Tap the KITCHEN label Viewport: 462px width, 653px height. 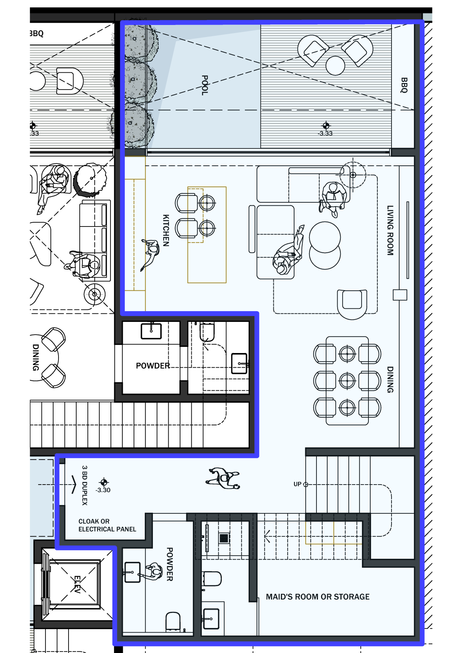point(166,230)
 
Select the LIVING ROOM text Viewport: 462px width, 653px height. point(390,230)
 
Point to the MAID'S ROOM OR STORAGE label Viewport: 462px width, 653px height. point(318,597)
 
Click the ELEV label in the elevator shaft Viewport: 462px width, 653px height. point(77,584)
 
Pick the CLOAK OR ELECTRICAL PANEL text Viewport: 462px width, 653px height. point(107,525)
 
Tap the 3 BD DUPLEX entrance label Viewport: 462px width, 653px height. point(85,485)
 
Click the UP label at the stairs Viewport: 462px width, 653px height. point(297,484)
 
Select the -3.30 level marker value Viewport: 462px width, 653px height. point(103,490)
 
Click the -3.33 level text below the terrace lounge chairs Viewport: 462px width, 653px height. point(325,133)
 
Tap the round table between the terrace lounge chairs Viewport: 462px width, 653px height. point(335,66)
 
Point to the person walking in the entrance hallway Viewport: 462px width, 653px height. point(223,478)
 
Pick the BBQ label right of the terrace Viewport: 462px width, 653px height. point(403,85)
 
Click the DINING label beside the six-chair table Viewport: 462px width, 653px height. point(390,380)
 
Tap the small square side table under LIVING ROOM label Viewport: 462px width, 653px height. point(400,295)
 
